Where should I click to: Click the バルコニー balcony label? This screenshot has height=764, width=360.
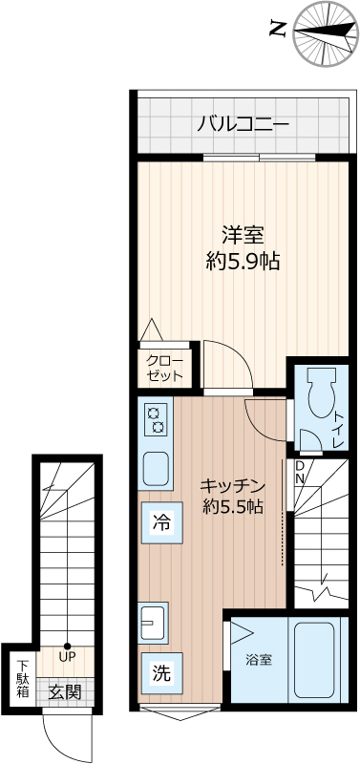coord(243,123)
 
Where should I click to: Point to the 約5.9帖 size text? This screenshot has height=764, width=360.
coord(243,260)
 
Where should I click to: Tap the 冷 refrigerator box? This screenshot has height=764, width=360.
coord(160,522)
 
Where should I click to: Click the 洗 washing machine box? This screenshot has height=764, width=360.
coord(160,672)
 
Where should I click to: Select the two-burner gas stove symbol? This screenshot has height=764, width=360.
coord(155,419)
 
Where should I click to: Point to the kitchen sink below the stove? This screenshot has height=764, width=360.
coord(156,469)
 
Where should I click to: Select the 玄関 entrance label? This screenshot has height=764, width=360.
coord(64,691)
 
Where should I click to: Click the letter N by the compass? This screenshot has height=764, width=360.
coord(277,30)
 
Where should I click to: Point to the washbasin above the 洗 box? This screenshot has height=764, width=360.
coord(153,622)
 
